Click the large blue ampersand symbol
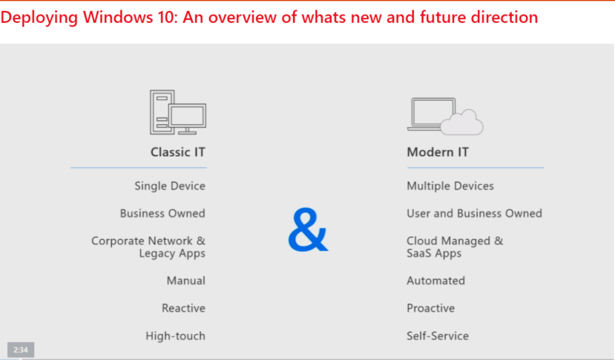[x=308, y=229]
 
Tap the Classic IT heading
[x=178, y=152]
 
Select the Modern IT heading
[x=438, y=152]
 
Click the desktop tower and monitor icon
[x=178, y=112]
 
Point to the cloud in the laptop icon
[x=462, y=122]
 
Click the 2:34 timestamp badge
[x=21, y=350]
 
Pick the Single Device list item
[x=170, y=186]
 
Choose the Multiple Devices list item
[x=450, y=186]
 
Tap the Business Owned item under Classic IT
[x=162, y=213]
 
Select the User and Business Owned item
[x=474, y=213]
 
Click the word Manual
[x=186, y=281]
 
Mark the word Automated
[x=435, y=281]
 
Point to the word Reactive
[x=183, y=308]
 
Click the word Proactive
[x=431, y=308]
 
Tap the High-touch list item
[x=175, y=336]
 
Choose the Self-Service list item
[x=438, y=336]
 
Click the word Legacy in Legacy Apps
[x=155, y=254]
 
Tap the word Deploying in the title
[x=39, y=18]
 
